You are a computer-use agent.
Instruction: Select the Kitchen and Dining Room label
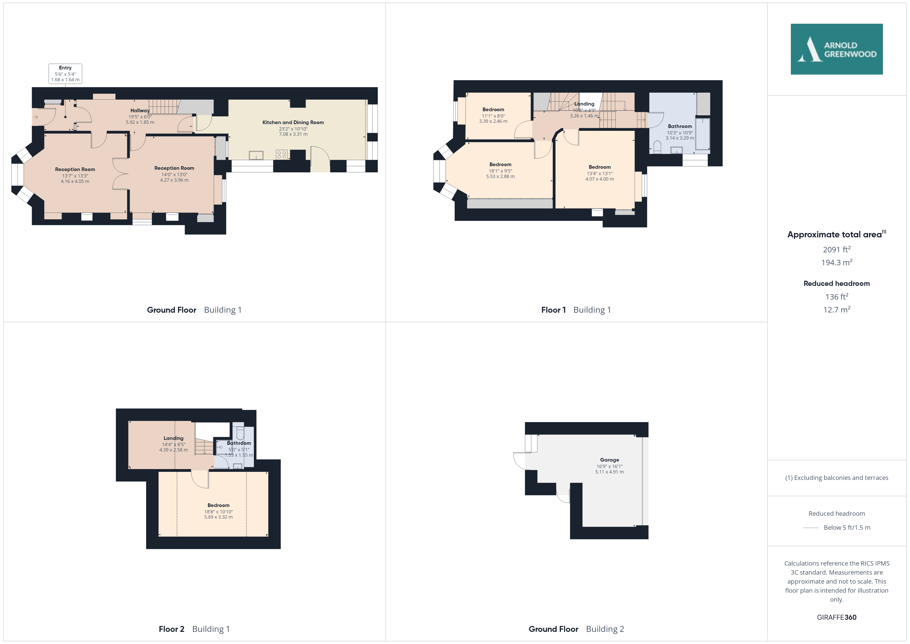pos(293,122)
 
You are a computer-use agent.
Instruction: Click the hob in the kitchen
pos(282,155)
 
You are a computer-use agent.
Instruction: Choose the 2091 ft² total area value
pos(837,249)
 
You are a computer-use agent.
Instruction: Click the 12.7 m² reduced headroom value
pos(837,310)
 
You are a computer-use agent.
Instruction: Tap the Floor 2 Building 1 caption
pos(194,629)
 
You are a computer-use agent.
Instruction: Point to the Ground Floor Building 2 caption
pos(576,629)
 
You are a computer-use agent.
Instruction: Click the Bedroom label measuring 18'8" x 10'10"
pos(218,505)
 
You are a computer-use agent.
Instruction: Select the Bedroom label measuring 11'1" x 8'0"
pos(493,109)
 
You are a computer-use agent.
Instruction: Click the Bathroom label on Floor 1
pos(680,126)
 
